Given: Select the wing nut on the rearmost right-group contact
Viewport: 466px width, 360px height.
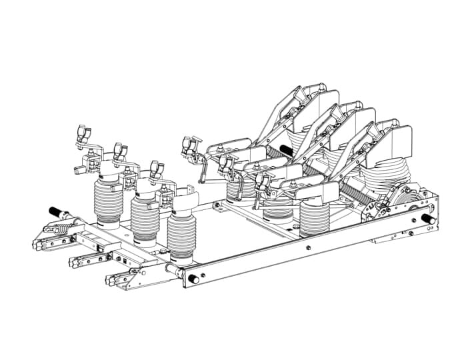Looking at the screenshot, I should (x=189, y=143).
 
